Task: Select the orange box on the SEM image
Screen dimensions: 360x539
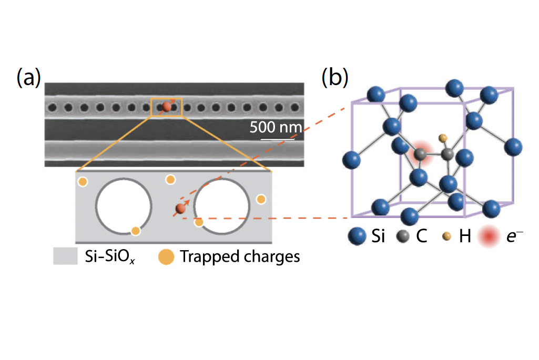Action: (167, 107)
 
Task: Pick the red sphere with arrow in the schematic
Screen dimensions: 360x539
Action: (180, 209)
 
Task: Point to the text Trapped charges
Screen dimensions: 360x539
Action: (240, 256)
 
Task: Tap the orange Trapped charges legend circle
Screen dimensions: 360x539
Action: (166, 256)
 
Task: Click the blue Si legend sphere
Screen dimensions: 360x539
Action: (357, 237)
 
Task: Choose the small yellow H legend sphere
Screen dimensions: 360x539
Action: (447, 238)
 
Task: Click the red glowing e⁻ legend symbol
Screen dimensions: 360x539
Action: (488, 238)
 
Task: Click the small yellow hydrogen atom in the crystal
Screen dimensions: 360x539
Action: (443, 138)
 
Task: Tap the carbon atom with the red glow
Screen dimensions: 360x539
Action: (420, 154)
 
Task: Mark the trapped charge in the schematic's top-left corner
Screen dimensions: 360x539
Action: (83, 182)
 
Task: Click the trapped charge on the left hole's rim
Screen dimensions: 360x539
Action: (135, 231)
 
